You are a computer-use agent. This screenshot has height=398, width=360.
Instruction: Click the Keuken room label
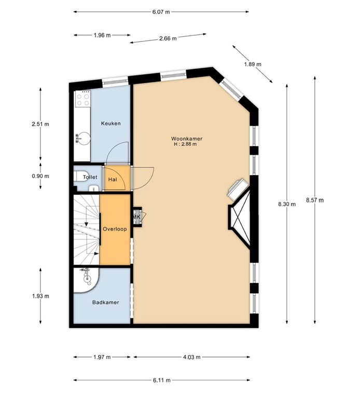pos(111,123)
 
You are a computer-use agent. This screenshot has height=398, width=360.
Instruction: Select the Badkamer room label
pos(104,303)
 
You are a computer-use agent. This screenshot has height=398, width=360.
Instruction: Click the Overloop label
pos(114,229)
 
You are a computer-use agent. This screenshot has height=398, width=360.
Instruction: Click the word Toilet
pos(90,177)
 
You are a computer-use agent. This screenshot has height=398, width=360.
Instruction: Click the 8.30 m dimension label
pos(286,204)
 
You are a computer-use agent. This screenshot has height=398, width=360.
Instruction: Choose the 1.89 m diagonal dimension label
pos(253,64)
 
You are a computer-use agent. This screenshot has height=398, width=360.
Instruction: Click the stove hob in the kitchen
pos(82,99)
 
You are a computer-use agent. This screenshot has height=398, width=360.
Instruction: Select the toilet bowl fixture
pos(81,178)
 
